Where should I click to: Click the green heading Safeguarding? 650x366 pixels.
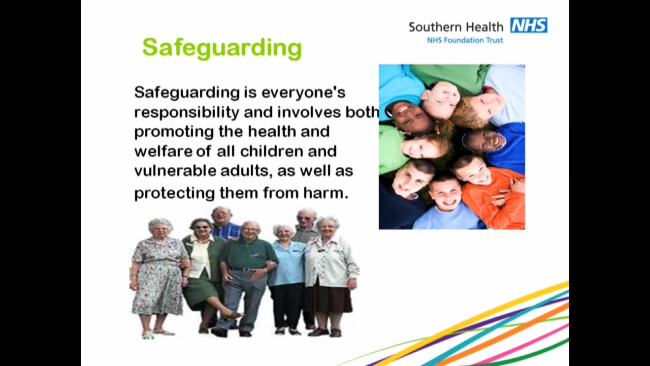222,48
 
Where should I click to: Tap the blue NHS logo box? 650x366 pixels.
529,25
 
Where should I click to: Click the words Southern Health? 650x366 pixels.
456,27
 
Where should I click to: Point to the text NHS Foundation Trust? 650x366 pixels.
465,40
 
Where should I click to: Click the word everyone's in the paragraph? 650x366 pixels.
303,93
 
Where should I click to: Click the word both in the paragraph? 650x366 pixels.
362,112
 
